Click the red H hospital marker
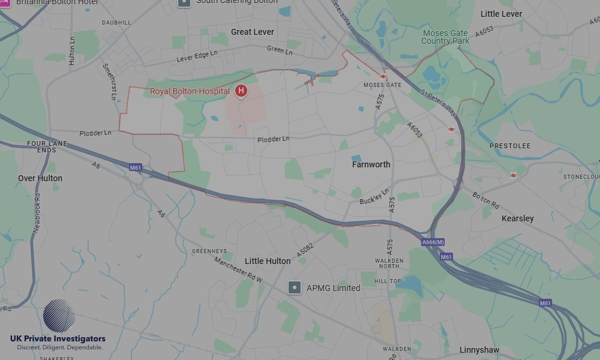point(241,91)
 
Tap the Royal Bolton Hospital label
point(190,92)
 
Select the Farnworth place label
point(371,164)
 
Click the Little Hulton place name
point(268,261)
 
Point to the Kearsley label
point(517,218)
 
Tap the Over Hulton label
point(40,178)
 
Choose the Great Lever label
point(252,32)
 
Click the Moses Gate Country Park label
point(445,37)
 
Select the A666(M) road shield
point(433,242)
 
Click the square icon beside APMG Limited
point(294,288)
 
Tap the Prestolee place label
point(510,146)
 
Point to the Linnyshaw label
point(479,350)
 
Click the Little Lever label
point(501,14)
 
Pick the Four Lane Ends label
point(46,147)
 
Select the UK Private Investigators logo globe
point(59,316)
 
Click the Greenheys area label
point(209,251)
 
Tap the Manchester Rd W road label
point(239,269)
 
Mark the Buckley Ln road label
point(374,197)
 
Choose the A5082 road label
point(305,247)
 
